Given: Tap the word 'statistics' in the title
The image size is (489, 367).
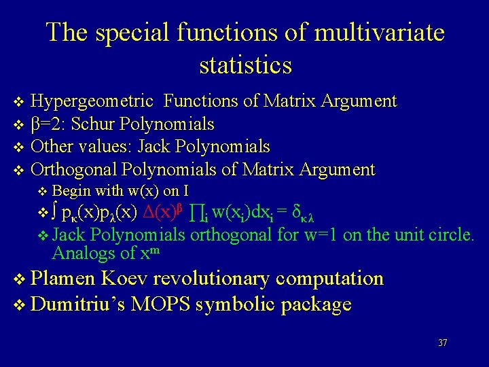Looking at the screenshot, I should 245,65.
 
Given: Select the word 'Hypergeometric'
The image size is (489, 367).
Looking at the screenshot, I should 92,102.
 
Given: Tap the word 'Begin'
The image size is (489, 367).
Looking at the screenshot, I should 69,191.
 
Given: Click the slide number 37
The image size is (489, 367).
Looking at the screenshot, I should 443,343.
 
